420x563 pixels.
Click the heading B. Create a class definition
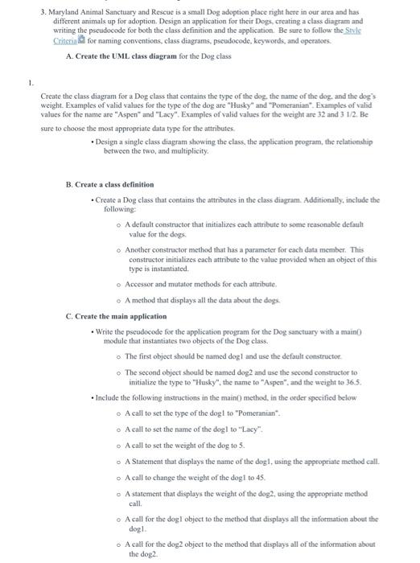coord(110,184)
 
